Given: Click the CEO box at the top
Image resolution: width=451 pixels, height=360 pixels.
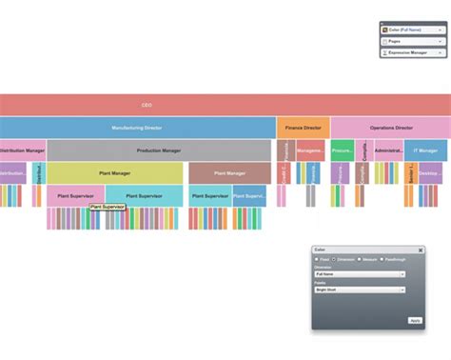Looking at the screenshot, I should tap(147, 105).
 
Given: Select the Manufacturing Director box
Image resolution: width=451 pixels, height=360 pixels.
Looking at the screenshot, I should tap(138, 128).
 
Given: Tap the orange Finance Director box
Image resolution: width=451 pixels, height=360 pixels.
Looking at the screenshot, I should tap(304, 128).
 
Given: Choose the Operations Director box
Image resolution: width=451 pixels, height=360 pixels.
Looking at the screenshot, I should tap(390, 128).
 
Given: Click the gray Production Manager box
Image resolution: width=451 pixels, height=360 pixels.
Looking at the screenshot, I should tap(159, 150).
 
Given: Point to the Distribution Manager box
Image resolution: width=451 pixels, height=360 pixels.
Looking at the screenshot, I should tap(22, 150).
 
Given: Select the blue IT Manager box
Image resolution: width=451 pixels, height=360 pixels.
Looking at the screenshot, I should tap(427, 150).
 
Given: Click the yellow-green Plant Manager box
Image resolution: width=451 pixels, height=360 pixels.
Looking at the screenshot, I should tap(115, 173).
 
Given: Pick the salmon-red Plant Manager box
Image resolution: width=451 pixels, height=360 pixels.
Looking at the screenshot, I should tap(229, 173).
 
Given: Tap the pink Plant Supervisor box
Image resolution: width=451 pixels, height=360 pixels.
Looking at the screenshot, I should tap(75, 196).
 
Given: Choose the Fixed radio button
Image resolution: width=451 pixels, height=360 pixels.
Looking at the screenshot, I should tap(317, 259).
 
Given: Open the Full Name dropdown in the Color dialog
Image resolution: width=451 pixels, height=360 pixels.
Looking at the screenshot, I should tap(360, 274).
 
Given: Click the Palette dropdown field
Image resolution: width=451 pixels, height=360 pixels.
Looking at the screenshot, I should tap(360, 290).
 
